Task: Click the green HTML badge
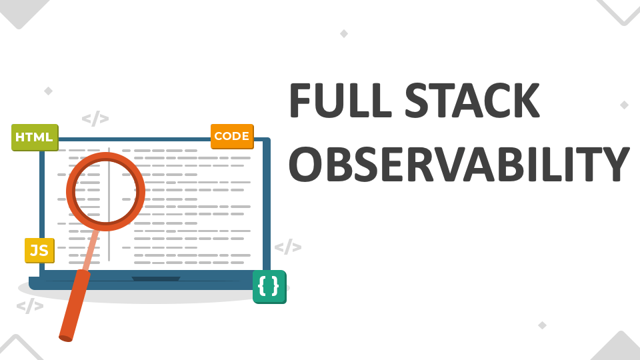pos(35,137)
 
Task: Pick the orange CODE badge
pos(232,137)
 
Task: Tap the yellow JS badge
pos(39,250)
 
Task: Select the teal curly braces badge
pos(269,287)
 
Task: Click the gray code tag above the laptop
pos(95,119)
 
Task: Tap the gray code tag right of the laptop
pos(288,247)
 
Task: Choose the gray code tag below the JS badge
pos(30,306)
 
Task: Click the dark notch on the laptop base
pos(156,279)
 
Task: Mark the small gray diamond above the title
pos(344,33)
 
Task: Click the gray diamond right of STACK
pos(624,105)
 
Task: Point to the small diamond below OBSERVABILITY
pos(542,325)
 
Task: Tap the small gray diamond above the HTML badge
pos(48,90)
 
